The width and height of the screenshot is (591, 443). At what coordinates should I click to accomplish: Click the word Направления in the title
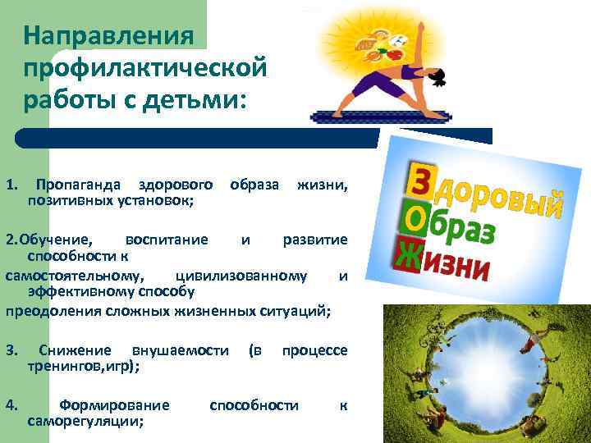[108, 35]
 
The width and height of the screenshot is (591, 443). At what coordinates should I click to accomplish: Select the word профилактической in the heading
[146, 70]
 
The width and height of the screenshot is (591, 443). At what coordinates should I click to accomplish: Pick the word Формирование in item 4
[115, 405]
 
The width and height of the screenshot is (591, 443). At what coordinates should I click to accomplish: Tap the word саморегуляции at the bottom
[85, 421]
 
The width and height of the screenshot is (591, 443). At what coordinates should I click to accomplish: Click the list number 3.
[11, 350]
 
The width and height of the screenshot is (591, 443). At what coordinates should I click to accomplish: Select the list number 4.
[11, 405]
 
